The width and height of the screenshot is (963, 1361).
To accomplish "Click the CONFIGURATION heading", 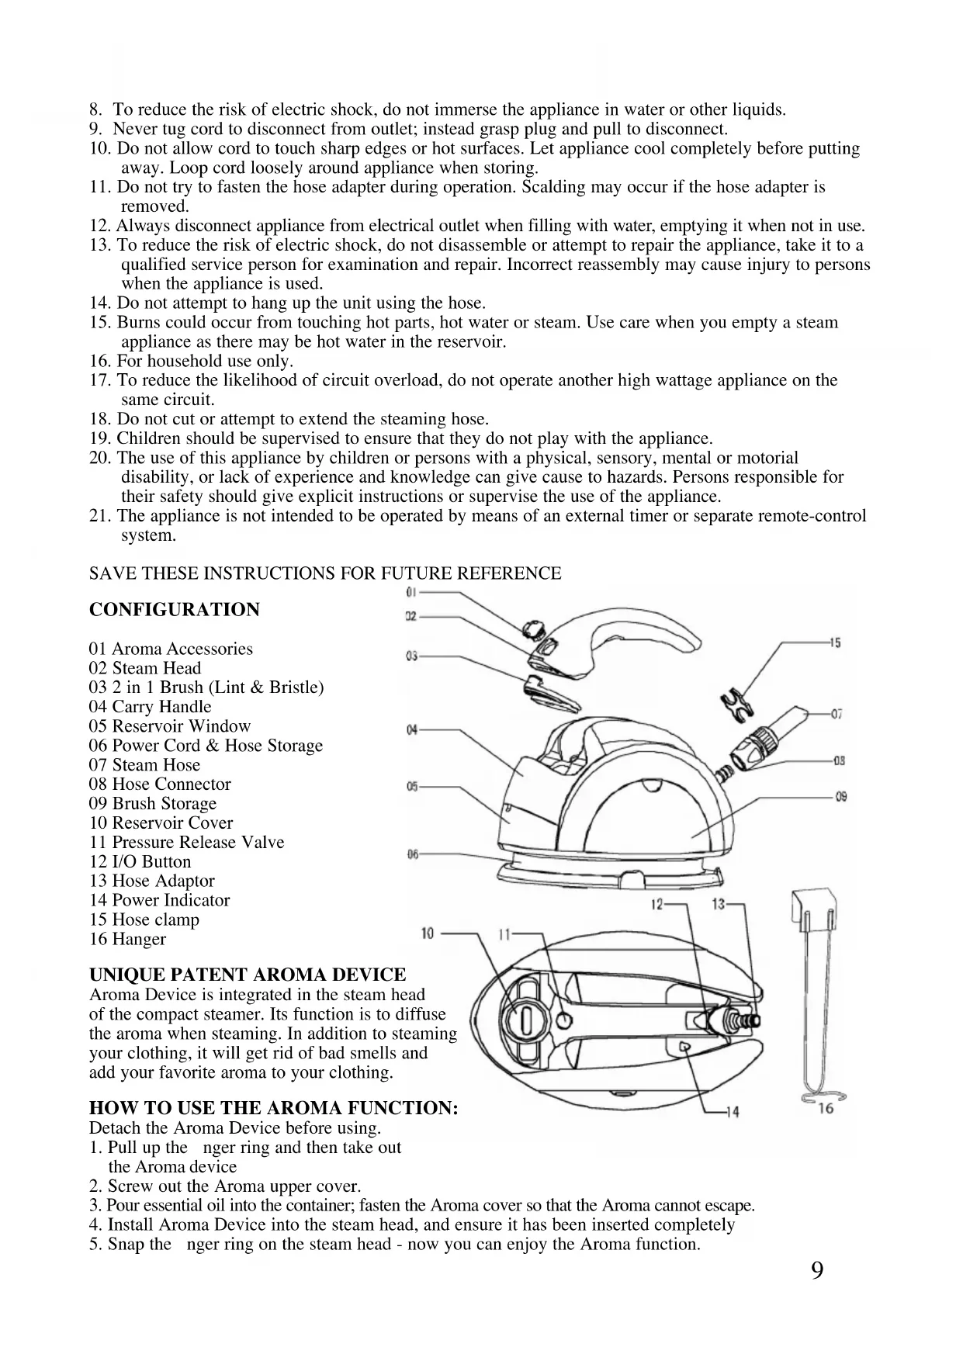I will click(x=175, y=610).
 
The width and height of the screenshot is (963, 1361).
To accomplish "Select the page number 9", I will click(x=817, y=1271).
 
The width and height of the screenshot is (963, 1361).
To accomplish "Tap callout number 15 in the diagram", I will click(x=835, y=643).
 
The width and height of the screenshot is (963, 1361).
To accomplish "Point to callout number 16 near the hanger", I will click(x=826, y=1108).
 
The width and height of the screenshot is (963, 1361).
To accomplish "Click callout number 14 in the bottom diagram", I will click(x=731, y=1112).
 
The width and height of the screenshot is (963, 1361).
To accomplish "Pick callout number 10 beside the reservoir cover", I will click(x=427, y=933).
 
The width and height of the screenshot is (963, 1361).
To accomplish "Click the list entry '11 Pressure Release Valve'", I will click(x=186, y=842).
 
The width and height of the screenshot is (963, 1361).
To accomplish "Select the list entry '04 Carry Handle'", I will click(x=150, y=706).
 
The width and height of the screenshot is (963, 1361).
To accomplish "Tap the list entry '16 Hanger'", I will click(x=127, y=939).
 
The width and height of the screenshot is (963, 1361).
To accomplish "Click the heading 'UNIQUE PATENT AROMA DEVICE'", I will click(x=248, y=975).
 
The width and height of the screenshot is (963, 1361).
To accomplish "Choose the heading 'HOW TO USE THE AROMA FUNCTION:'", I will click(x=273, y=1107).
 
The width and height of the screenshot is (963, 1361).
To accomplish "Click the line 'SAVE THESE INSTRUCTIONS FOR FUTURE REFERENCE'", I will click(x=325, y=573).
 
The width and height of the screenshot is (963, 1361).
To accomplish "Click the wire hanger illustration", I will click(x=816, y=1001).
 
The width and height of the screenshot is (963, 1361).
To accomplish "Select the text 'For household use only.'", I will click(x=204, y=361).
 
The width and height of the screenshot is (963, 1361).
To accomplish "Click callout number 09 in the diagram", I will click(x=840, y=797).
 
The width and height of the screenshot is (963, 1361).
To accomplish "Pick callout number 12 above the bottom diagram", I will click(x=656, y=904).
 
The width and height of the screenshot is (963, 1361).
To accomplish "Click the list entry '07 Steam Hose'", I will click(x=144, y=764).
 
